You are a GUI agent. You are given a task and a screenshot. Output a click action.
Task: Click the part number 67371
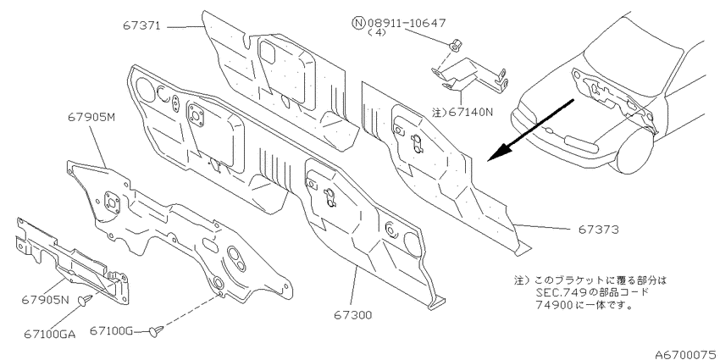click(x=141, y=26)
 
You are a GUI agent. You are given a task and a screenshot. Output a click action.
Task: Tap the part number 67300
click(x=352, y=315)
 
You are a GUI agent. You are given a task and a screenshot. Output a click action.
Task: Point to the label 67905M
click(x=91, y=118)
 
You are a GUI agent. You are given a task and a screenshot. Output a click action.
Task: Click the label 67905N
click(x=45, y=301)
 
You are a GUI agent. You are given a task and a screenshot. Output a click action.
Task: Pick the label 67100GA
click(x=50, y=334)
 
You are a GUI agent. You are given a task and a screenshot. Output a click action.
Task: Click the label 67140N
click(x=468, y=112)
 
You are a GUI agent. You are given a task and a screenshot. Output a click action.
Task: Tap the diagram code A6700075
click(x=687, y=354)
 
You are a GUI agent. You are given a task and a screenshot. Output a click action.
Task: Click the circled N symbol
click(x=358, y=22)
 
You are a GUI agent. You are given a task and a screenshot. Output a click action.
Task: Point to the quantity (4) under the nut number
click(x=377, y=33)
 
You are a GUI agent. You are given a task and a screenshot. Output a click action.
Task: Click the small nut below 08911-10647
click(x=456, y=46)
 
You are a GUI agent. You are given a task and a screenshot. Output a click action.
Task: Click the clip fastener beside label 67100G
click(x=158, y=330)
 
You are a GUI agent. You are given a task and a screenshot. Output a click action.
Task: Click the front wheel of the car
click(x=636, y=146)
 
